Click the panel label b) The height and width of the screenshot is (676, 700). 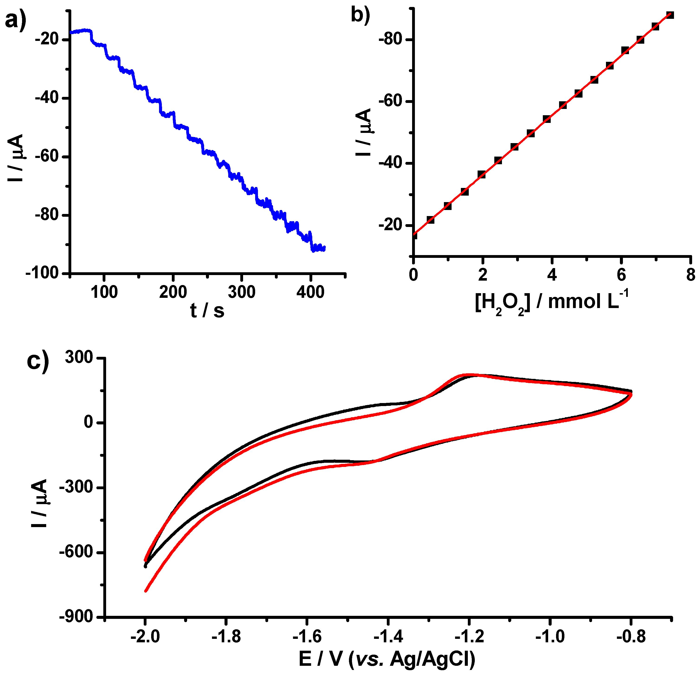pos(360,15)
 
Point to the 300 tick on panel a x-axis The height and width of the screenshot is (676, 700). pos(242,292)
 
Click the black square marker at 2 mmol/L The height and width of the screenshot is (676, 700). pos(482,174)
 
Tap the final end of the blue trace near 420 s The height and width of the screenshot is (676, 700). pos(324,248)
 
